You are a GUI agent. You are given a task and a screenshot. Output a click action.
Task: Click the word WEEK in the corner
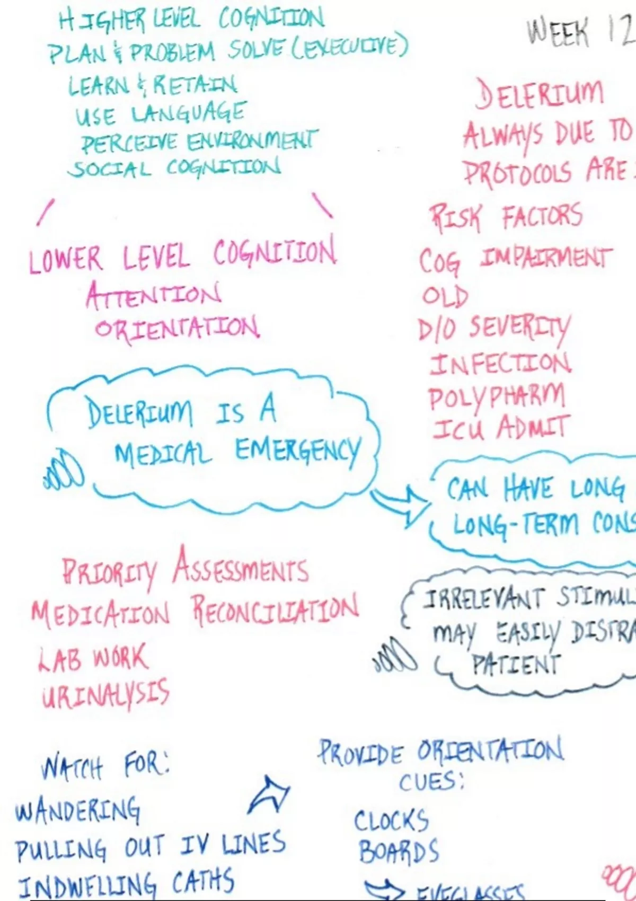pyautogui.click(x=558, y=33)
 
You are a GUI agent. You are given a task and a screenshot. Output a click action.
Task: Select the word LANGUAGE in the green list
pyautogui.click(x=188, y=113)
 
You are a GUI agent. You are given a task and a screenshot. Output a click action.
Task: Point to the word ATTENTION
pyautogui.click(x=154, y=295)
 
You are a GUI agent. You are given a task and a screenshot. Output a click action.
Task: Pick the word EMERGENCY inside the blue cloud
pyautogui.click(x=298, y=452)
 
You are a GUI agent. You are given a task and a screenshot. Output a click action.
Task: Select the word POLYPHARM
pyautogui.click(x=497, y=397)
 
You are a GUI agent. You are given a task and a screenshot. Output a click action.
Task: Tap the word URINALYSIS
pyautogui.click(x=106, y=694)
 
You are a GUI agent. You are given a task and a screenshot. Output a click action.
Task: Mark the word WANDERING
pyautogui.click(x=78, y=809)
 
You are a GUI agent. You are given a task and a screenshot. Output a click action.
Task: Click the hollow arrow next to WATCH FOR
pyautogui.click(x=269, y=795)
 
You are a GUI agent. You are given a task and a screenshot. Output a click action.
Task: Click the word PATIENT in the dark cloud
pyautogui.click(x=515, y=665)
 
